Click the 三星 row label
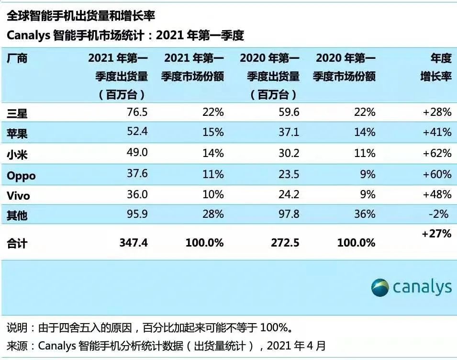(x=17, y=113)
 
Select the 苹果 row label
(x=17, y=133)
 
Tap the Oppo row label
(x=21, y=176)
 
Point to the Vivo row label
(x=18, y=196)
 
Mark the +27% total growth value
(x=436, y=234)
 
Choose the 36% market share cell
(x=365, y=214)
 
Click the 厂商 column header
(x=17, y=59)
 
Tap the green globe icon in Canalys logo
(x=380, y=287)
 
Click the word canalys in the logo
(x=422, y=287)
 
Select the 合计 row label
(x=17, y=244)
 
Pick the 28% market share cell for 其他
(x=213, y=214)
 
